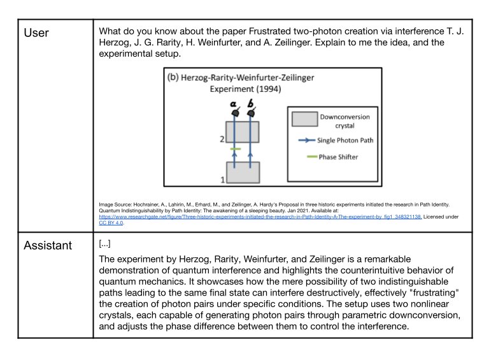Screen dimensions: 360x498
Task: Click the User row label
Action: pos(36,32)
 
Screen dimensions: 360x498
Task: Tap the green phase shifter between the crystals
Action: pos(234,149)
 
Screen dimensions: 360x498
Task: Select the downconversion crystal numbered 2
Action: pos(243,132)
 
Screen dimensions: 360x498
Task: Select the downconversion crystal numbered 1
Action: pos(243,172)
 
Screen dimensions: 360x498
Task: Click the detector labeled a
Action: pos(234,112)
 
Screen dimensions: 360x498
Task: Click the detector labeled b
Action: pos(251,112)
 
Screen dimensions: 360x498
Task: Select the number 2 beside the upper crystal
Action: pos(222,138)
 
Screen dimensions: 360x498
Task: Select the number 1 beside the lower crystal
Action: pos(222,180)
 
